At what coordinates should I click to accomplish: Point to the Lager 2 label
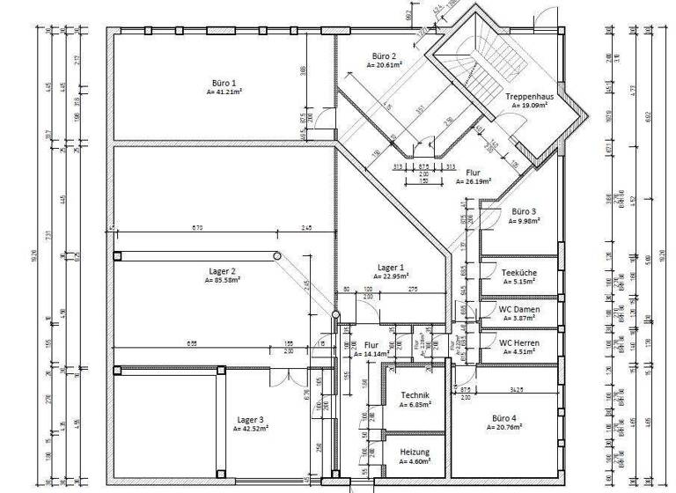click(222, 271)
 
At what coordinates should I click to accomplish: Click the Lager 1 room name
click(390, 267)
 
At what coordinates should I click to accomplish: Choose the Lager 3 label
click(250, 420)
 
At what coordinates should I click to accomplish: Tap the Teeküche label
click(519, 273)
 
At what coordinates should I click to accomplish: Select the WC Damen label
click(519, 309)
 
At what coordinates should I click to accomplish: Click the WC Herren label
click(519, 342)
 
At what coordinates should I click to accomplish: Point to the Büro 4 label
click(504, 417)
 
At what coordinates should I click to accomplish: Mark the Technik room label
click(414, 395)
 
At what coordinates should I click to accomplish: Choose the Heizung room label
click(414, 452)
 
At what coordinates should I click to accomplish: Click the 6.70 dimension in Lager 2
click(196, 228)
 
